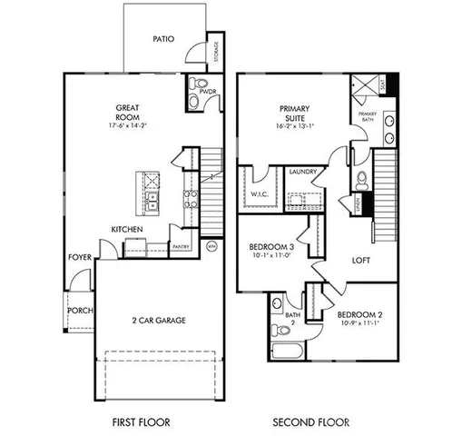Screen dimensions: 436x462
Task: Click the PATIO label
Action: (163, 40)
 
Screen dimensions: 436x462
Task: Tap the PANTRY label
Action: (180, 245)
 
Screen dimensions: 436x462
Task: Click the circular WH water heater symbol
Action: (211, 246)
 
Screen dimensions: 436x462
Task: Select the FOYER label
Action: (80, 258)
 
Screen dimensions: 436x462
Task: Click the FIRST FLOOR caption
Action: (140, 422)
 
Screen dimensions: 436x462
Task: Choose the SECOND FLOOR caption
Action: (310, 422)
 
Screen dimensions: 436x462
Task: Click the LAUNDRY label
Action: (302, 172)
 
